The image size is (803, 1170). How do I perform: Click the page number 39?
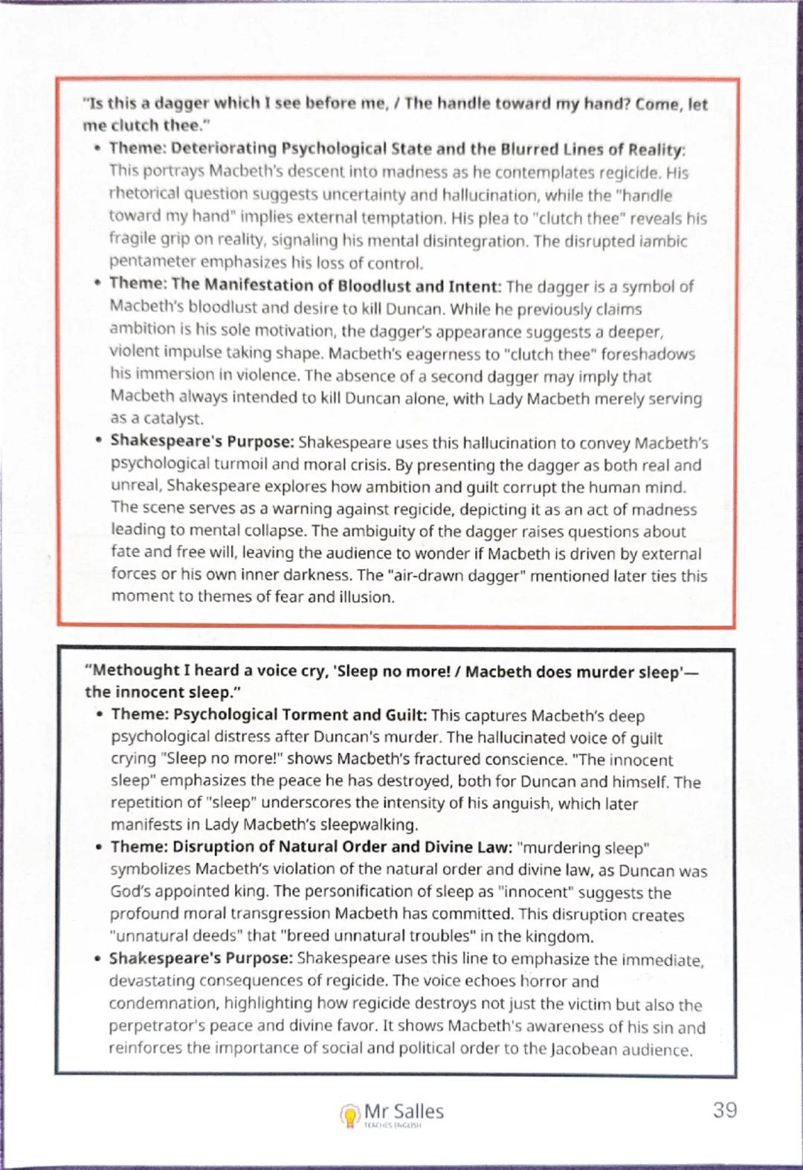pos(724,1110)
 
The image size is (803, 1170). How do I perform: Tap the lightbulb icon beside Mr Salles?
pos(349,1115)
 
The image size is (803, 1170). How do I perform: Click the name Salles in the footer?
pos(419,1111)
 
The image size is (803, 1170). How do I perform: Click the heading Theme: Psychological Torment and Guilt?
pos(268,714)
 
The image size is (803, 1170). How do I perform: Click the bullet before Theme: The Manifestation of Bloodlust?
pos(97,284)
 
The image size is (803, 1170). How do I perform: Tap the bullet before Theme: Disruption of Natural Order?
pos(99,847)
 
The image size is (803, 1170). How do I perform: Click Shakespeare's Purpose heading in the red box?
pos(201,441)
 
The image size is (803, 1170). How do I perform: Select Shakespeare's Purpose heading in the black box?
pos(200,958)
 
